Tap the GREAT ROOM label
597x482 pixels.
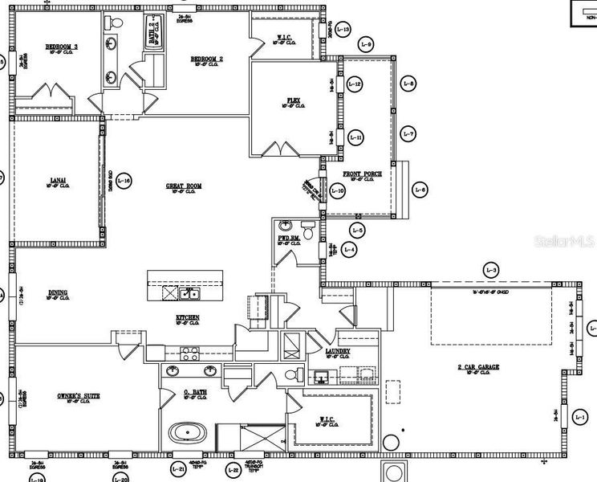point(184,186)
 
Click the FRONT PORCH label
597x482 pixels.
point(363,174)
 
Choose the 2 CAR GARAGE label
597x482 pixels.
point(478,367)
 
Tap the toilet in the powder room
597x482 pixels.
point(308,227)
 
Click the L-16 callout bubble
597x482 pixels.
point(124,181)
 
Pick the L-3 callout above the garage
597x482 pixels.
point(491,269)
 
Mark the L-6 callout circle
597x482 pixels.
point(420,190)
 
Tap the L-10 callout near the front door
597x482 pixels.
point(337,191)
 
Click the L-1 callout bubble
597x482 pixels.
point(581,416)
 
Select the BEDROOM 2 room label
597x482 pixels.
point(206,59)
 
